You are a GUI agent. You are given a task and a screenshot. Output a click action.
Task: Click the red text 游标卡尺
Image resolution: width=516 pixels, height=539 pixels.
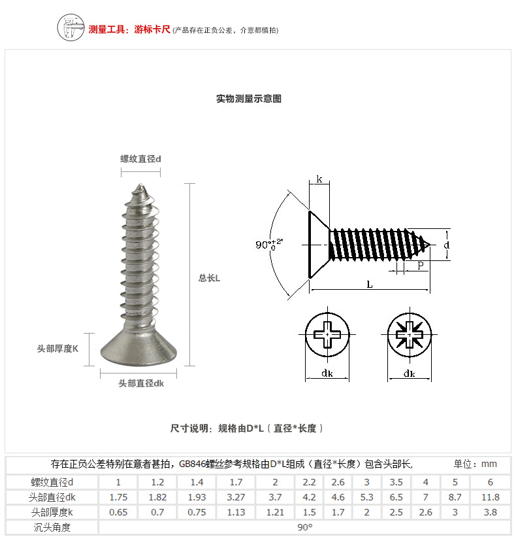coord(152,29)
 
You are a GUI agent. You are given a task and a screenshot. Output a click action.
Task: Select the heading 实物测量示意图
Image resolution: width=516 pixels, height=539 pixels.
coord(249,99)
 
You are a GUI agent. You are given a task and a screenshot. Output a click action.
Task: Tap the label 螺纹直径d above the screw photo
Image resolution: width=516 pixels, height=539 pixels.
coord(140,159)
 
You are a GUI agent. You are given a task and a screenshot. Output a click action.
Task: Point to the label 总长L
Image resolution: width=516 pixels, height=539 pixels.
coord(210,278)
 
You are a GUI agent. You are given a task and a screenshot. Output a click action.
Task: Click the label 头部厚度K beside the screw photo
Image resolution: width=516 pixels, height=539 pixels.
coord(57,349)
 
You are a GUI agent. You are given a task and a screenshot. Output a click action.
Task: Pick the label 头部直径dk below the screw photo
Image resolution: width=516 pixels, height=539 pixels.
coord(141,383)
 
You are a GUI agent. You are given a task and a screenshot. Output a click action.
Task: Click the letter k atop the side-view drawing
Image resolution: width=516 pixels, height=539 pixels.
coord(319,179)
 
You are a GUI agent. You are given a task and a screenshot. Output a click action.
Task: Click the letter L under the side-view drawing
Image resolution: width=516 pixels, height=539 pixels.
coord(370,285)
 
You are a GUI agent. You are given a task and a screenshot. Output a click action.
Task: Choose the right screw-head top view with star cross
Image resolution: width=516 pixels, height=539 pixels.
coord(410,334)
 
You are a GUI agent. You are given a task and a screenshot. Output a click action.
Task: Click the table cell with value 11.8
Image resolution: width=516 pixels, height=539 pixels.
coord(490,497)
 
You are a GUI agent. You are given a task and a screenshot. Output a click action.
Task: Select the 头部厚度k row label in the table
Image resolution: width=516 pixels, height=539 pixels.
coord(52,512)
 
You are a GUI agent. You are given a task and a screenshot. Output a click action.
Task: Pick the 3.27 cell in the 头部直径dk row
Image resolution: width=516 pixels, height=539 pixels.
coord(236,497)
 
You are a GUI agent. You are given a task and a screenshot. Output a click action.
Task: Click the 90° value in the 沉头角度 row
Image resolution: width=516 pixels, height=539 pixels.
coord(304,527)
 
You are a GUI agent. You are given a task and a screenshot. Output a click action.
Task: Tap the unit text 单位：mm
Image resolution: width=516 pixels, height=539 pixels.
coord(476,464)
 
